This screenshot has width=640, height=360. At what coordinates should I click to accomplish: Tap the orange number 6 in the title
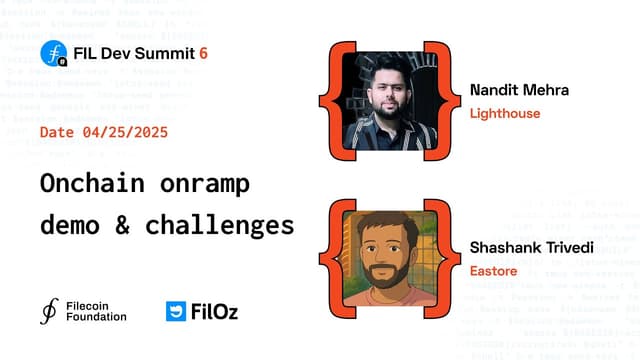pyautogui.click(x=204, y=52)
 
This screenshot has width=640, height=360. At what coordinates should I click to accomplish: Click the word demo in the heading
pyautogui.click(x=70, y=224)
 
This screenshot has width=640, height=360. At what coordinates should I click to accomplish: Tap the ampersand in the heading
pyautogui.click(x=123, y=224)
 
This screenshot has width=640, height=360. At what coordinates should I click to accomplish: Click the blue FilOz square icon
pyautogui.click(x=176, y=311)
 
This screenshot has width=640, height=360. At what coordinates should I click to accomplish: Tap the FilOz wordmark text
pyautogui.click(x=216, y=311)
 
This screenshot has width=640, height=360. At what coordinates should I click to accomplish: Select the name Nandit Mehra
pyautogui.click(x=519, y=90)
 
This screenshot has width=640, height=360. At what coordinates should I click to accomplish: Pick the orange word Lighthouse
pyautogui.click(x=505, y=113)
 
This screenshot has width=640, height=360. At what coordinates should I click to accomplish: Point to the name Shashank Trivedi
pyautogui.click(x=532, y=247)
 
